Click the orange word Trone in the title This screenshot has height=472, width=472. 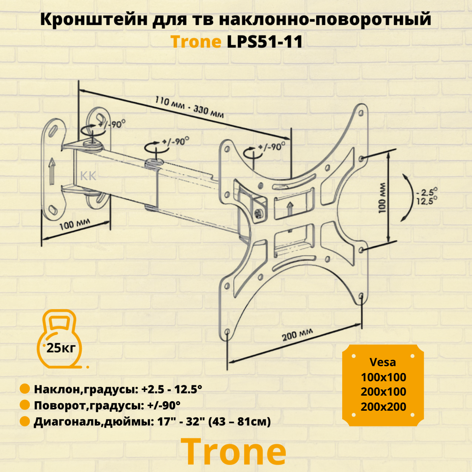(x=196, y=42)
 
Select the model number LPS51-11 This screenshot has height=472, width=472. (x=265, y=42)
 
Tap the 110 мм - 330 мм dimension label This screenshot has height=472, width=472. (x=189, y=107)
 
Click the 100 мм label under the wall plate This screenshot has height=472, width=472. (x=74, y=225)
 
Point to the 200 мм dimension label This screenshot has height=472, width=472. (x=297, y=335)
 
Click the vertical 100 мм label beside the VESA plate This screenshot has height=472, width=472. (x=382, y=198)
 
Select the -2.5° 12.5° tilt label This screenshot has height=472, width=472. (x=427, y=197)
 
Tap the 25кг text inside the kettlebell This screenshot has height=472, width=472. (x=61, y=348)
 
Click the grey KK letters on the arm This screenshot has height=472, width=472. (x=88, y=176)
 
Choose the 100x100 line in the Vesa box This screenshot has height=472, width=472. (x=383, y=377)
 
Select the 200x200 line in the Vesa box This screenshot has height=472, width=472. (x=383, y=407)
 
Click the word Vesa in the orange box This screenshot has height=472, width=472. (x=383, y=362)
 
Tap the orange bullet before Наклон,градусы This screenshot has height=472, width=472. (x=25, y=389)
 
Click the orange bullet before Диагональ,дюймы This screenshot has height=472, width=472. (x=25, y=421)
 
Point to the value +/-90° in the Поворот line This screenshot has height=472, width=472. (x=164, y=405)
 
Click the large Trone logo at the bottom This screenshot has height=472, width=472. (x=233, y=452)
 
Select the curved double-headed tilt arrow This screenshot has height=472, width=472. (x=409, y=198)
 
